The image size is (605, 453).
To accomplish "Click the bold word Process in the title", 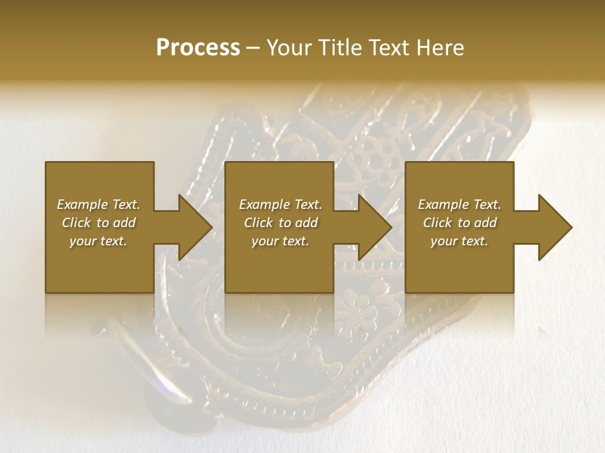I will coord(198,48).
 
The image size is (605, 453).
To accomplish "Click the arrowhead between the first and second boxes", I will coord(192,227).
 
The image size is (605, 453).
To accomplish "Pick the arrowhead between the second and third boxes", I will coord(372,227).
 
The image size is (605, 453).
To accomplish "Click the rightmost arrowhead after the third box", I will coord(553,227).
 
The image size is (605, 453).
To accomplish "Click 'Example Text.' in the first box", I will coord(98,204).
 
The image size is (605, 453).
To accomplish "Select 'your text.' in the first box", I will coord(98,241).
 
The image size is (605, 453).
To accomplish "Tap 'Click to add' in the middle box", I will coord(280,223).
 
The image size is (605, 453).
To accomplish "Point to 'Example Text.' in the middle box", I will coord(280,204).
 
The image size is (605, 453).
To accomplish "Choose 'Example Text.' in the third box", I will coord(459,204).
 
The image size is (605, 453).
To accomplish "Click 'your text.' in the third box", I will coord(459,241).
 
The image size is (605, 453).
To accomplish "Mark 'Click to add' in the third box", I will coord(459,223).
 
